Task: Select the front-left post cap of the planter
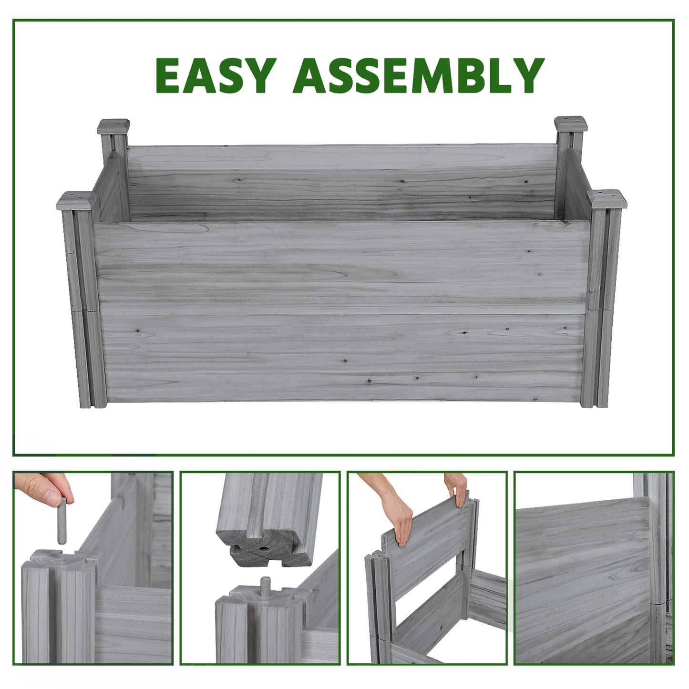click(x=76, y=201)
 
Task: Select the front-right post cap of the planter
click(x=607, y=200)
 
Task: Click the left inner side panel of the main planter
click(x=112, y=188)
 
